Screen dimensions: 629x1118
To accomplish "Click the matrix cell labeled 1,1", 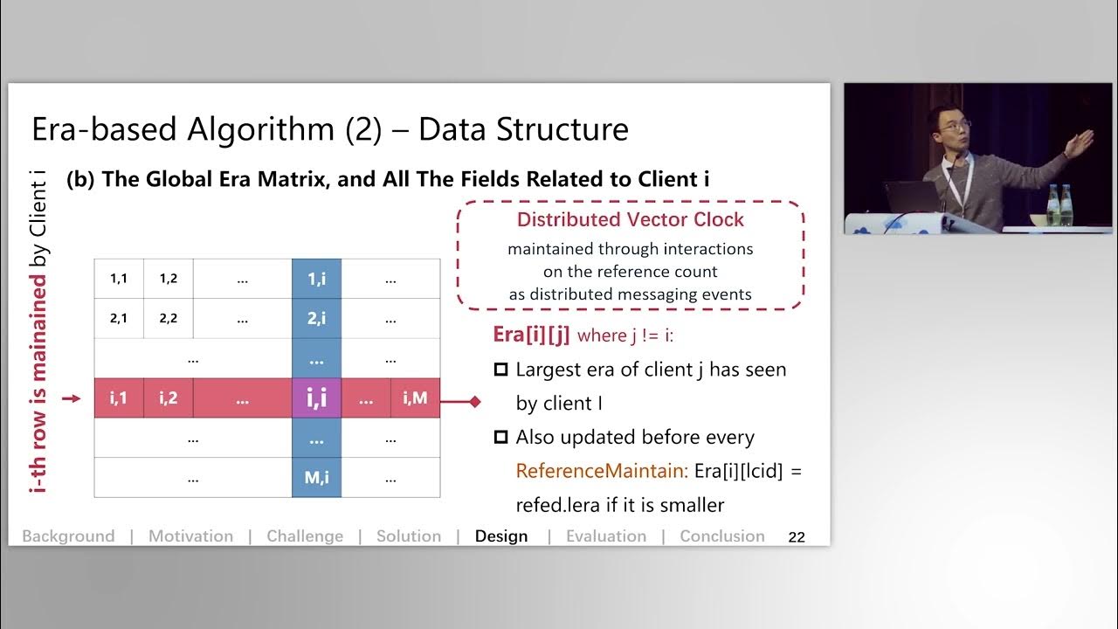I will click(119, 280).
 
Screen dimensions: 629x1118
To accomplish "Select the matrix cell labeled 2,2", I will click(169, 319).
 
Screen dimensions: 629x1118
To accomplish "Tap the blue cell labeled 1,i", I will click(316, 280).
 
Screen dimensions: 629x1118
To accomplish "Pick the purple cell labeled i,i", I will click(316, 398).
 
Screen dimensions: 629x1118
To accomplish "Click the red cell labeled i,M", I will click(415, 398).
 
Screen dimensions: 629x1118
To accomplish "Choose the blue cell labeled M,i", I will click(316, 478).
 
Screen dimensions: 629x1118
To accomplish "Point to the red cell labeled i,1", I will click(119, 398).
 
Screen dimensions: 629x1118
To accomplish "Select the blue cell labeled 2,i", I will click(316, 319).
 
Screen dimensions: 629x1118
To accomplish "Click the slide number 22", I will click(797, 537).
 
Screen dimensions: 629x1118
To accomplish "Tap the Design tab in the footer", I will click(501, 536).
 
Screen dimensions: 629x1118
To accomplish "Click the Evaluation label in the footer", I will click(606, 536).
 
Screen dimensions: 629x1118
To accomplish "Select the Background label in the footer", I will click(68, 536).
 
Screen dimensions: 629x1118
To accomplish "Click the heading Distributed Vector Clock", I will click(631, 220).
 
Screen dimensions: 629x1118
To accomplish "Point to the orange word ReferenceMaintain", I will click(600, 472).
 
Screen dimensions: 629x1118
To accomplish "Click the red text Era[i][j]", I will click(532, 335).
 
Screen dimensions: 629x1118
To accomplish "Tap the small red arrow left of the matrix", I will click(72, 399).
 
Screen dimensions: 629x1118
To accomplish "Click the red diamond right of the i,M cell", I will click(475, 402).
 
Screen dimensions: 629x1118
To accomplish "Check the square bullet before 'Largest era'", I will click(501, 370).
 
